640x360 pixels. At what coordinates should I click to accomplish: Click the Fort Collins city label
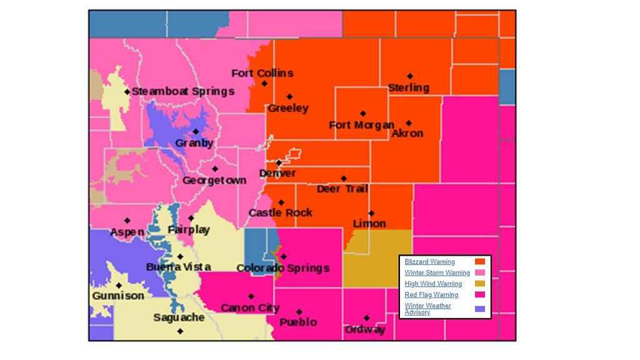[x=262, y=73]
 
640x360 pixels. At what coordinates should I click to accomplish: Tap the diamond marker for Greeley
[x=289, y=97]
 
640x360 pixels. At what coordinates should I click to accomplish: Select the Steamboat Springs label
[x=183, y=91]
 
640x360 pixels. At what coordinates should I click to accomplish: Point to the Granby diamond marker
[x=196, y=132]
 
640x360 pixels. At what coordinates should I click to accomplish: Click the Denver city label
[x=277, y=173]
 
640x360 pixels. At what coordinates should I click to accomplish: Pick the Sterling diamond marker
[x=410, y=77]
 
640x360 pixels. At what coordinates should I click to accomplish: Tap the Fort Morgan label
[x=361, y=125]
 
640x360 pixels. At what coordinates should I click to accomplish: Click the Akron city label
[x=407, y=133]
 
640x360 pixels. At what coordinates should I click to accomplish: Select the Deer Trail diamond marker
[x=343, y=179]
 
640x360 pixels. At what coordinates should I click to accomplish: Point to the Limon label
[x=369, y=224]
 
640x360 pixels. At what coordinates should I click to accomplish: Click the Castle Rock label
[x=280, y=213]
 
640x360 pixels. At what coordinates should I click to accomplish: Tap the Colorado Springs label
[x=282, y=268]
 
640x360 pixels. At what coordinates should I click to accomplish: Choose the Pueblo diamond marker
[x=299, y=312]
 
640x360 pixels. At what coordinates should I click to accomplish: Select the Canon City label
[x=250, y=307]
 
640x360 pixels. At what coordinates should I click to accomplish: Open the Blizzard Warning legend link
[x=430, y=262]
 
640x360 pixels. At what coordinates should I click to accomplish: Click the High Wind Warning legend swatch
[x=480, y=284]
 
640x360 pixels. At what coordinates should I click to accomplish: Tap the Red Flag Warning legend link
[x=431, y=295]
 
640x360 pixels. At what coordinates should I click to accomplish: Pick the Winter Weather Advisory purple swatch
[x=480, y=308]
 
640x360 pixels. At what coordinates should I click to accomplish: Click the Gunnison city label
[x=118, y=296]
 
